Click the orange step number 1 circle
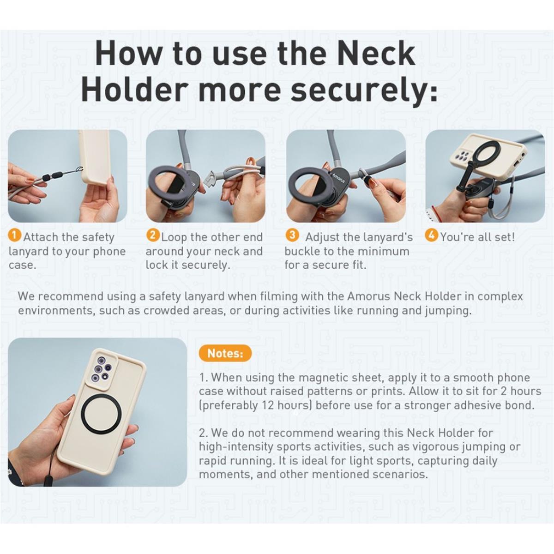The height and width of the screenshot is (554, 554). [x=15, y=236]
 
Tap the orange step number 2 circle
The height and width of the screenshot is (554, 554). [x=153, y=236]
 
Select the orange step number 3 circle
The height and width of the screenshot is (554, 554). [x=292, y=235]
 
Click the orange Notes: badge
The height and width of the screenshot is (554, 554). [x=225, y=353]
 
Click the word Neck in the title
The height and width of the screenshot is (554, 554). [x=376, y=54]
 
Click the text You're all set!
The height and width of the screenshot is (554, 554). [x=477, y=237]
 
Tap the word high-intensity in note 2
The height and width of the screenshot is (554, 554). [x=236, y=447]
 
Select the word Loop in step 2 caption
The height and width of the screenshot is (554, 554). [x=174, y=237]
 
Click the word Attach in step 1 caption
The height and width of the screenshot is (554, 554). [x=41, y=237]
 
